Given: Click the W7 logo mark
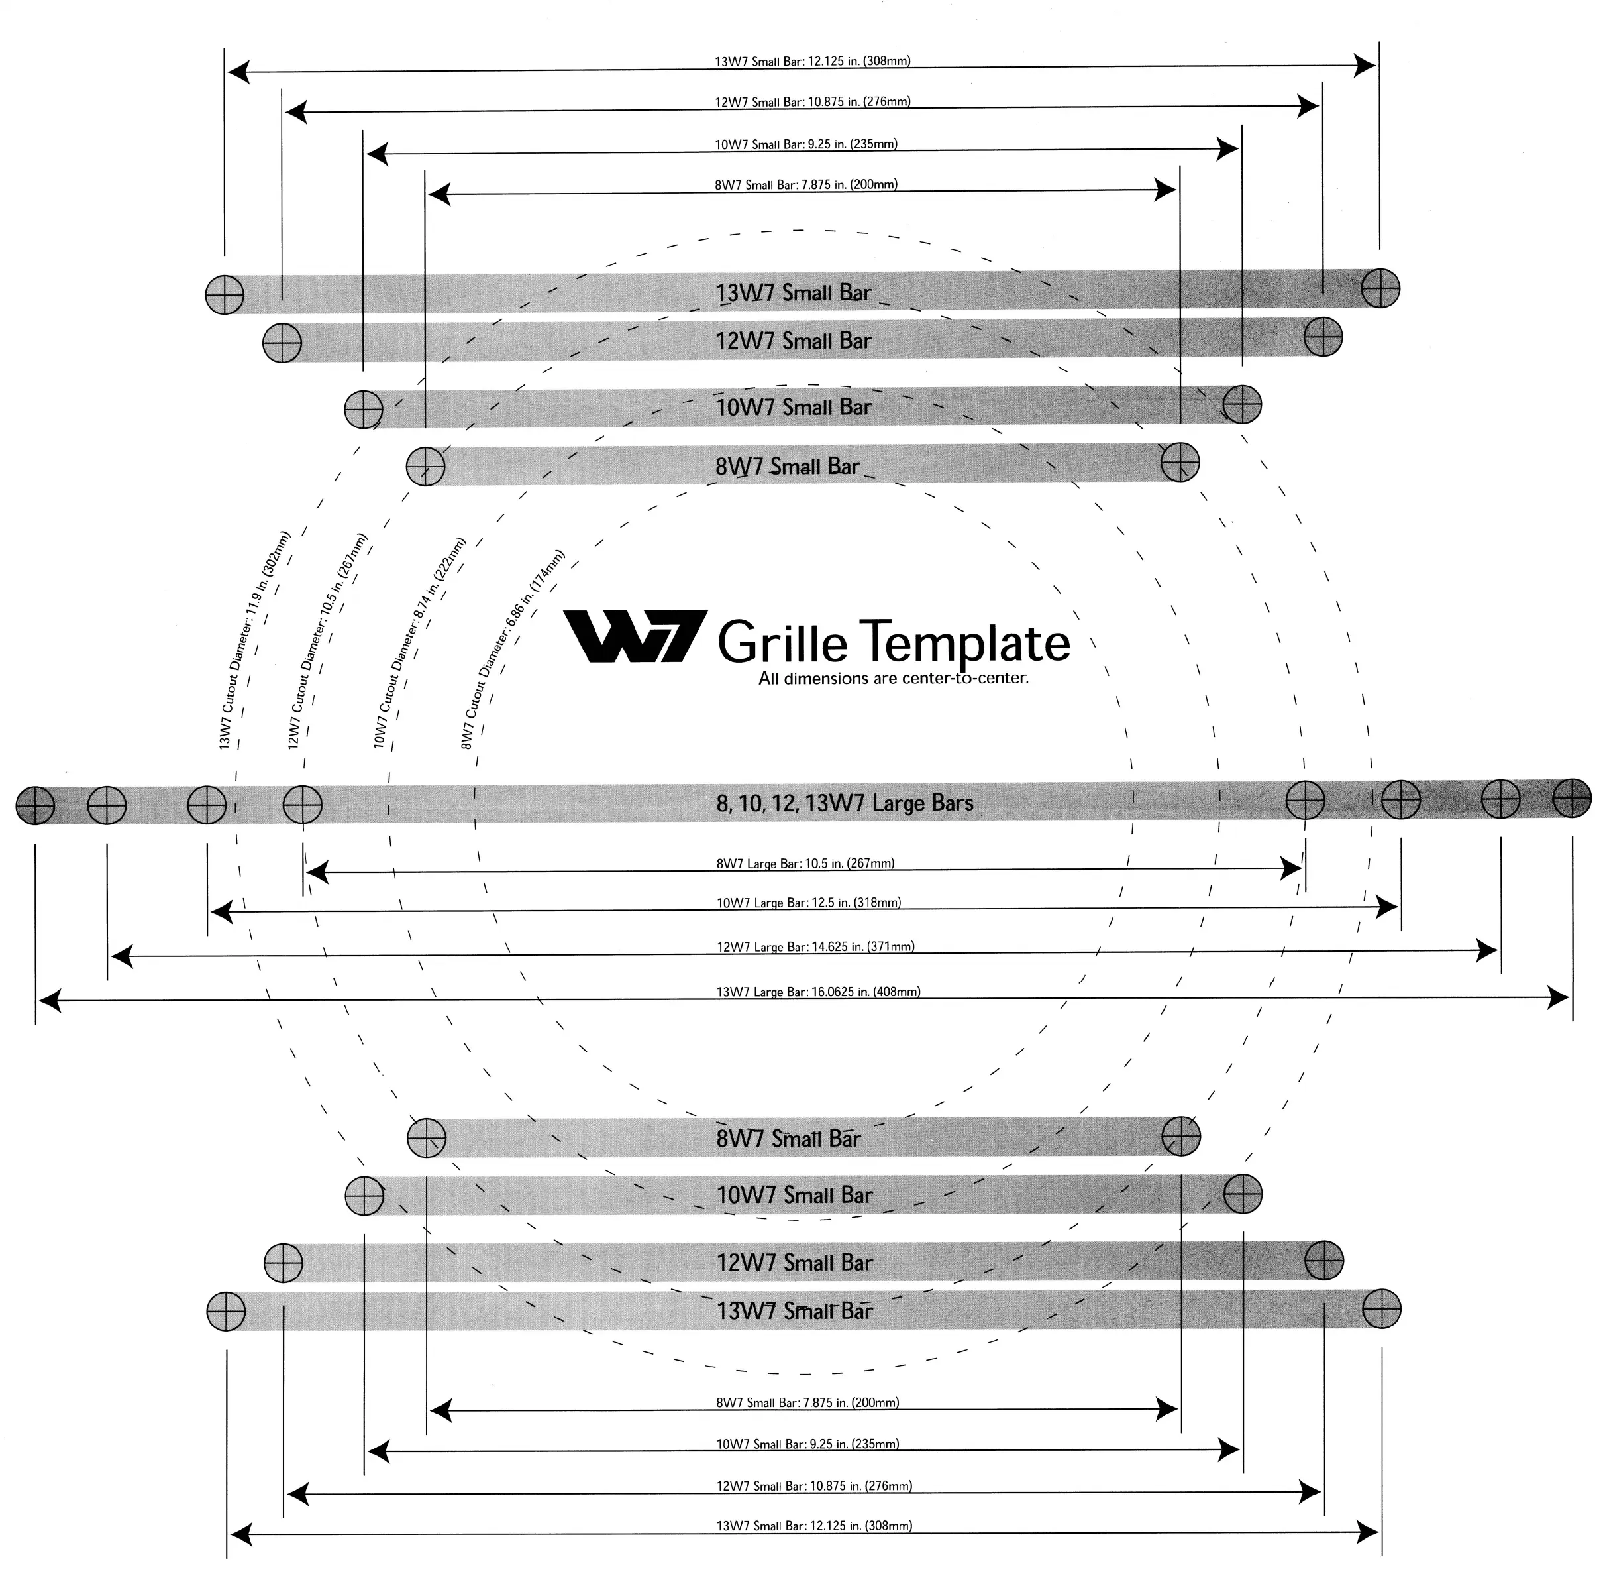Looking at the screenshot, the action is coord(635,637).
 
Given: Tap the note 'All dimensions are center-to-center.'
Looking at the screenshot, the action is coord(893,678).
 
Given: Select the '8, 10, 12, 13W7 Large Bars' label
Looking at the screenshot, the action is coord(844,803).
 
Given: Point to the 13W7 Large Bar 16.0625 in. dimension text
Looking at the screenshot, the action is coord(817,992).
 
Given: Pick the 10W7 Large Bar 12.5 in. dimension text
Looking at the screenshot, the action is coord(808,903).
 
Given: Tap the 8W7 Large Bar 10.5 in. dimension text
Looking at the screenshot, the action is coord(805,864).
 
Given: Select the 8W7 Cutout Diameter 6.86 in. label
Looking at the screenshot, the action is coord(513,649).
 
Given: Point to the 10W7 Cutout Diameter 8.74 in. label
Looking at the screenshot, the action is coord(419,642).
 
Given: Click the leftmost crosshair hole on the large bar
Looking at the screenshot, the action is coord(36,805).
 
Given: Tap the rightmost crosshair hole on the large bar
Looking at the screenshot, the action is coord(1572,799).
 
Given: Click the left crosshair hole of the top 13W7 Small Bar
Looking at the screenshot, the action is coord(225,294).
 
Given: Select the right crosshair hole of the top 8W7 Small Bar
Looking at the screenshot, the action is coord(1180,462).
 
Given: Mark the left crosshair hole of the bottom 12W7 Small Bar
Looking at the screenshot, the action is coord(284,1263).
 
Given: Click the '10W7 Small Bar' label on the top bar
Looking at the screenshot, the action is coord(794,407).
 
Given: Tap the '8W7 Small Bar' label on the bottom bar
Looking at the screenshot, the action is coord(788,1139).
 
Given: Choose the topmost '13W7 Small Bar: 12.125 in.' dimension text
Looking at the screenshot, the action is coord(813,62).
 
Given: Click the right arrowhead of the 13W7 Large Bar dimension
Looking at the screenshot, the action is coord(1559,997).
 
